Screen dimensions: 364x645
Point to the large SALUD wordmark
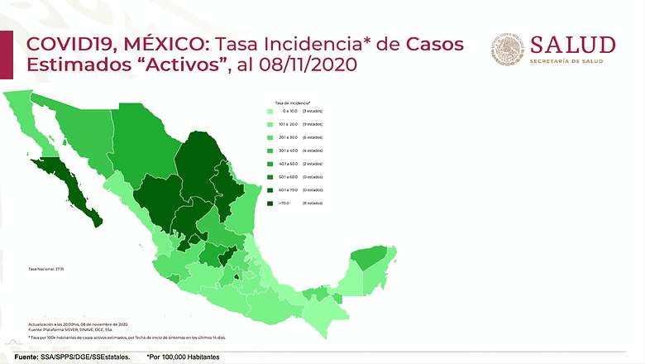pos(572,45)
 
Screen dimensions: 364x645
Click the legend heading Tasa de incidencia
pos(287,103)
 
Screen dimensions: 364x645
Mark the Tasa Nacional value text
pos(40,269)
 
